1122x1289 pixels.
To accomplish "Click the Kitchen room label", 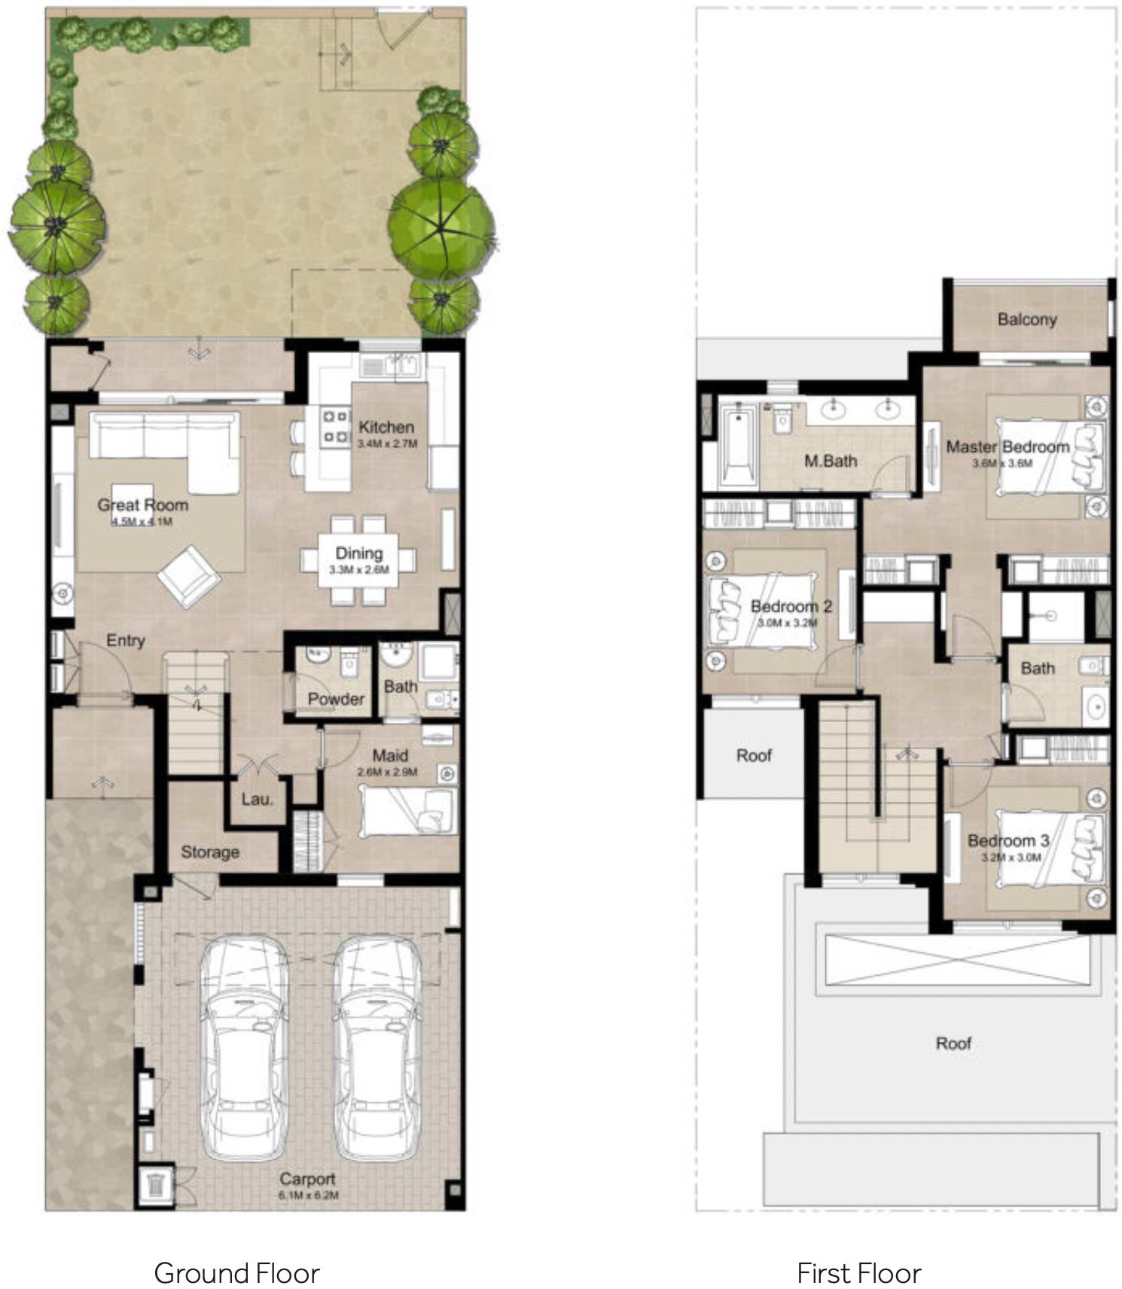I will coord(386,427).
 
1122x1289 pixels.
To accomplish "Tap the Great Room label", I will coord(142,505).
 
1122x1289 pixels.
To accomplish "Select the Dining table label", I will coord(358,553).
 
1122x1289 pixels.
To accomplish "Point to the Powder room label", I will coord(336,699).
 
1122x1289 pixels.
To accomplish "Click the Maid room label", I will coord(390,755).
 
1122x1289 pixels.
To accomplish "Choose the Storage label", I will coord(210,852).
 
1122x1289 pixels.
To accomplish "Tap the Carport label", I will coord(307,1179).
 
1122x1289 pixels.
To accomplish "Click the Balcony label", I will coord(1027,319).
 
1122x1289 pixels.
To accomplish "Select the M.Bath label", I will coord(830,461).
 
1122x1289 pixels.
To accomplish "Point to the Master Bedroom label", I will coord(1008,446).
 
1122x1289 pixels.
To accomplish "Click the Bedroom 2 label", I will coord(791,606).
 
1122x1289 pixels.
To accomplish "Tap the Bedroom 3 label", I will coord(1008,840).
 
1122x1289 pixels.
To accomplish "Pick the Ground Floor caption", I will coord(236,1273).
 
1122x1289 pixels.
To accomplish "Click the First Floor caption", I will coord(858,1273).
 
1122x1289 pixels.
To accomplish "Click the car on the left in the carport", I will coord(243,1047).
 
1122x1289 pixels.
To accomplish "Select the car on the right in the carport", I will coord(376,1047).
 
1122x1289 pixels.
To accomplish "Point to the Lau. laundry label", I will coord(257,799).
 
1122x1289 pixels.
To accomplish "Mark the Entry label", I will coord(125,641).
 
